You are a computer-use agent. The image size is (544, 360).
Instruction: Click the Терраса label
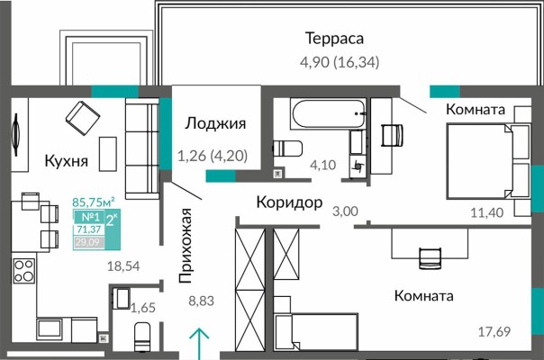pyautogui.click(x=333, y=39)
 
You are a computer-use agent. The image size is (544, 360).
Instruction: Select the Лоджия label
pyautogui.click(x=215, y=124)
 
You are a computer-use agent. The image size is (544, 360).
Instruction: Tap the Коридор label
pyautogui.click(x=288, y=202)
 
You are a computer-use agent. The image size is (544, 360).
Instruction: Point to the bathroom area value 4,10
pyautogui.click(x=323, y=166)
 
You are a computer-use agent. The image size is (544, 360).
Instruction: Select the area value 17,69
pyautogui.click(x=493, y=332)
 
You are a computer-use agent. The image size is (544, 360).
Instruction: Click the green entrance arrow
pyautogui.click(x=199, y=344)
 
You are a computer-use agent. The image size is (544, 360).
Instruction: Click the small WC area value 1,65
pyautogui.click(x=143, y=309)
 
